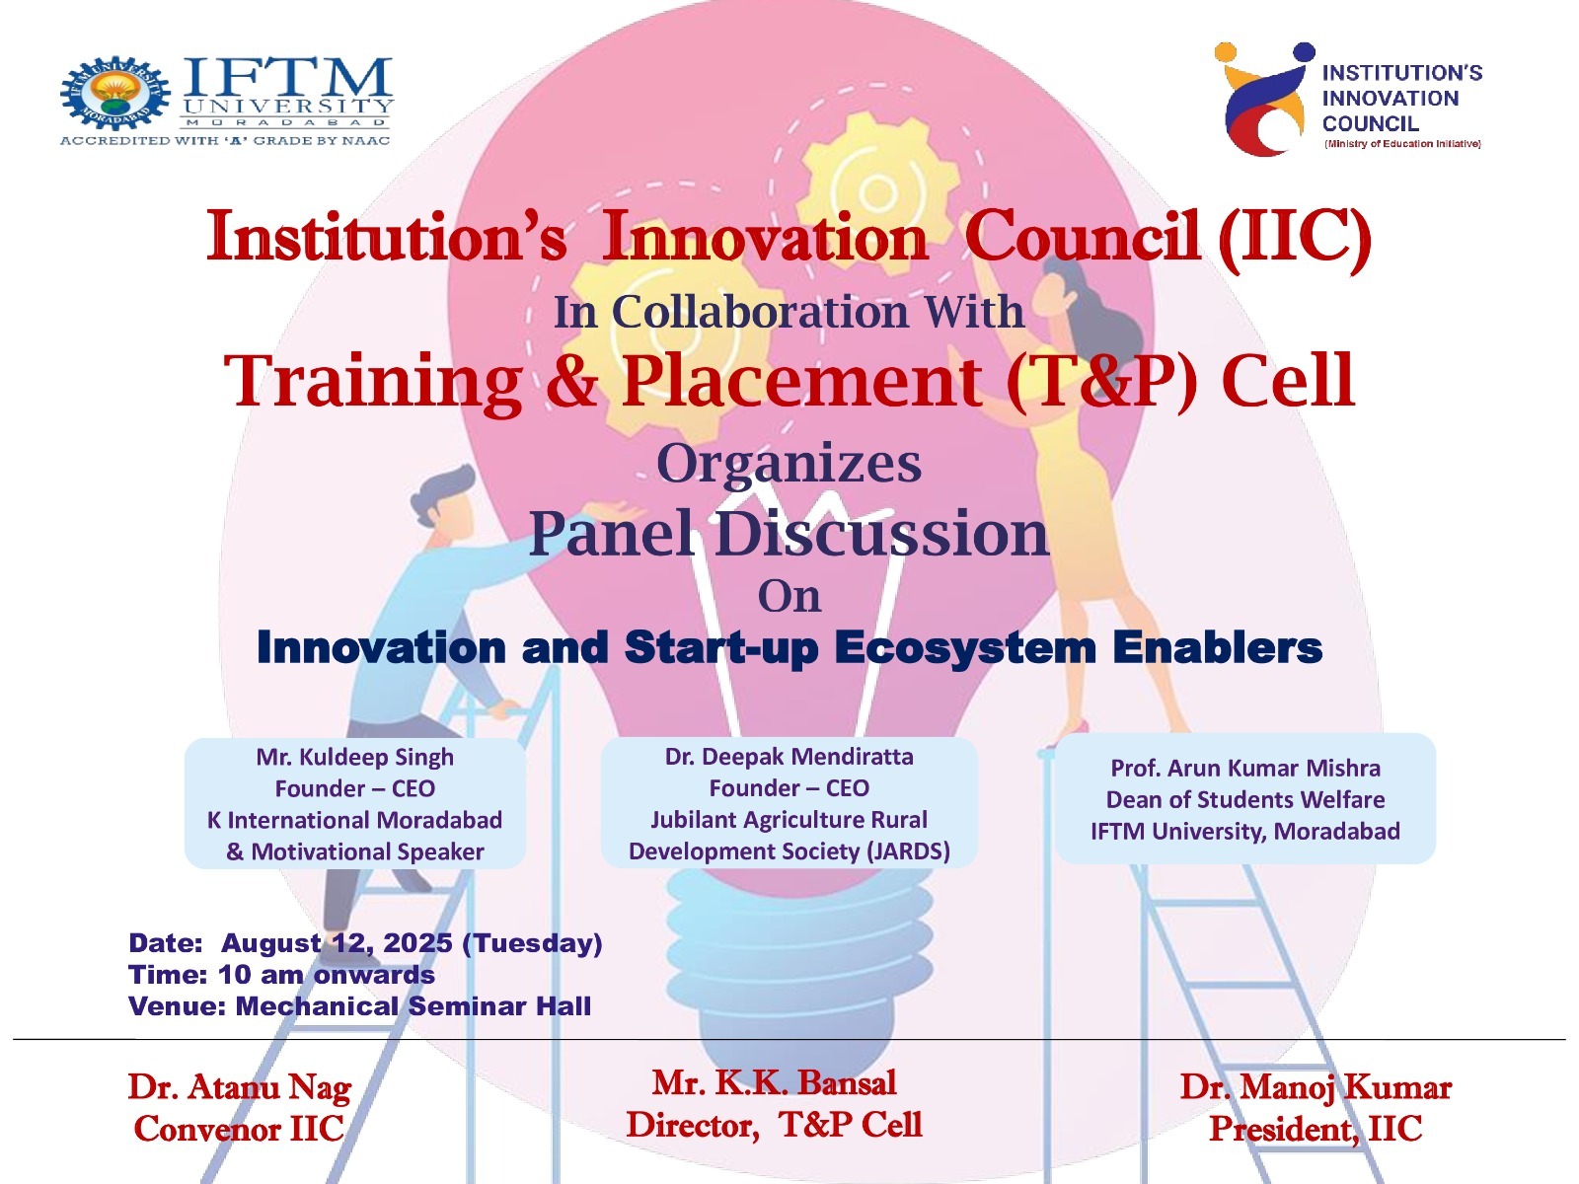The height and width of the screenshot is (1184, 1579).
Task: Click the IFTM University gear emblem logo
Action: pyautogui.click(x=114, y=93)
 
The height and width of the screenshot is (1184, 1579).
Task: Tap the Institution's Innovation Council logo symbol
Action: pyautogui.click(x=1262, y=99)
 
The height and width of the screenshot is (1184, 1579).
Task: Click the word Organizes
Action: pyautogui.click(x=789, y=465)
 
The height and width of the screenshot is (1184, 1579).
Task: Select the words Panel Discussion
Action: pyautogui.click(x=789, y=533)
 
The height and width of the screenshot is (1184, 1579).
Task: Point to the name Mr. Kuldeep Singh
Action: pyautogui.click(x=354, y=757)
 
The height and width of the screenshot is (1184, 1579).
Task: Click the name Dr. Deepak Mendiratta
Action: pyautogui.click(x=789, y=756)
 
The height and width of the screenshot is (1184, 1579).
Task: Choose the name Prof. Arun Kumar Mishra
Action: pyautogui.click(x=1245, y=768)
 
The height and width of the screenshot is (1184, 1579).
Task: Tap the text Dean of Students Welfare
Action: pyautogui.click(x=1245, y=799)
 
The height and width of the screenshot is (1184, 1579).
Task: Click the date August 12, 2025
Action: pyautogui.click(x=337, y=943)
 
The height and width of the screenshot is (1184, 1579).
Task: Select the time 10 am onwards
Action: pyautogui.click(x=326, y=975)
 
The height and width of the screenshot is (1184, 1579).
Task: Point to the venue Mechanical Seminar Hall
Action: pyautogui.click(x=413, y=1006)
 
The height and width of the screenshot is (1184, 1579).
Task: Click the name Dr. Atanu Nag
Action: pyautogui.click(x=240, y=1087)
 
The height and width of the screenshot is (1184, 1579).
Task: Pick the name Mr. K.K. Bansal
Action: pyautogui.click(x=774, y=1083)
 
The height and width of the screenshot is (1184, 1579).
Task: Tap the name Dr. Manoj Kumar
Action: pyautogui.click(x=1316, y=1087)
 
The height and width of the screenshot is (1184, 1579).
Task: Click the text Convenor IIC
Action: pyautogui.click(x=239, y=1130)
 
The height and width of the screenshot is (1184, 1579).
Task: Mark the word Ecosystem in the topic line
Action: pyautogui.click(x=964, y=648)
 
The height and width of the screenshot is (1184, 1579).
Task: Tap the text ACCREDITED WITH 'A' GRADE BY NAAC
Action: pyautogui.click(x=225, y=141)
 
